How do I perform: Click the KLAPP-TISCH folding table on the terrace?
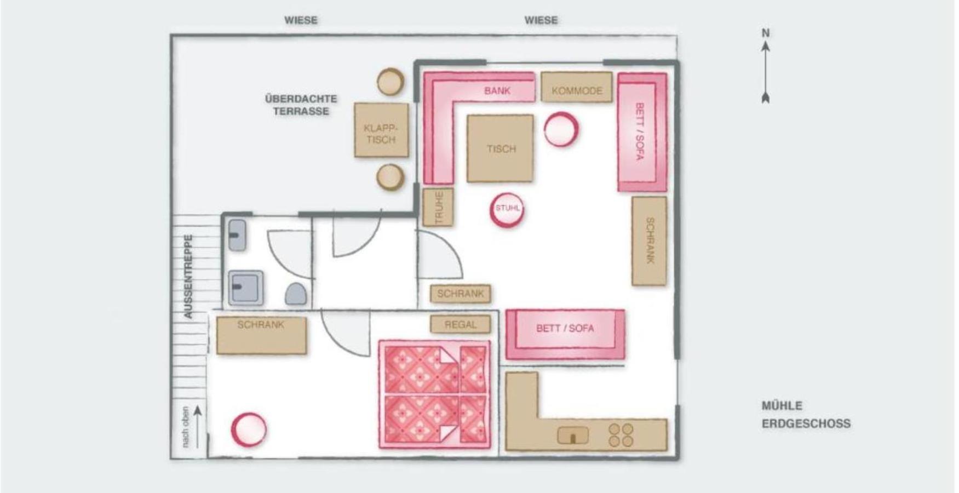pos(381,130)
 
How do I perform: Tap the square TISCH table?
pos(500,148)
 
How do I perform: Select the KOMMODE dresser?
pos(577,87)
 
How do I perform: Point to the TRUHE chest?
pos(438,207)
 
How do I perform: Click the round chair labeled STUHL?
pos(507,209)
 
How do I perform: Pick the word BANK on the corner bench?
pos(497,90)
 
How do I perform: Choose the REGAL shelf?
pos(460,324)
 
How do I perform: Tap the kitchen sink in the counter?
pos(573,435)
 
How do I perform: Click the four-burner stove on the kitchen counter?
pos(622,435)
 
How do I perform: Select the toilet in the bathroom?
pos(296,294)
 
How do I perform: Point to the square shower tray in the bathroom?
pos(246,288)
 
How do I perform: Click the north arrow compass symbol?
pos(766,66)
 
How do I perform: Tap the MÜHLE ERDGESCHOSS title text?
pos(806,415)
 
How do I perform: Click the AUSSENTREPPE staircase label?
pos(188,277)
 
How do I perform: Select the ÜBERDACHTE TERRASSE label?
pos(301,105)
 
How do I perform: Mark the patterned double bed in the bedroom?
pos(435,394)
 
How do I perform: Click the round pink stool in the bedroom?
pos(249,429)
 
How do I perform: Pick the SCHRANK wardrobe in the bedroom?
pos(261,335)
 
